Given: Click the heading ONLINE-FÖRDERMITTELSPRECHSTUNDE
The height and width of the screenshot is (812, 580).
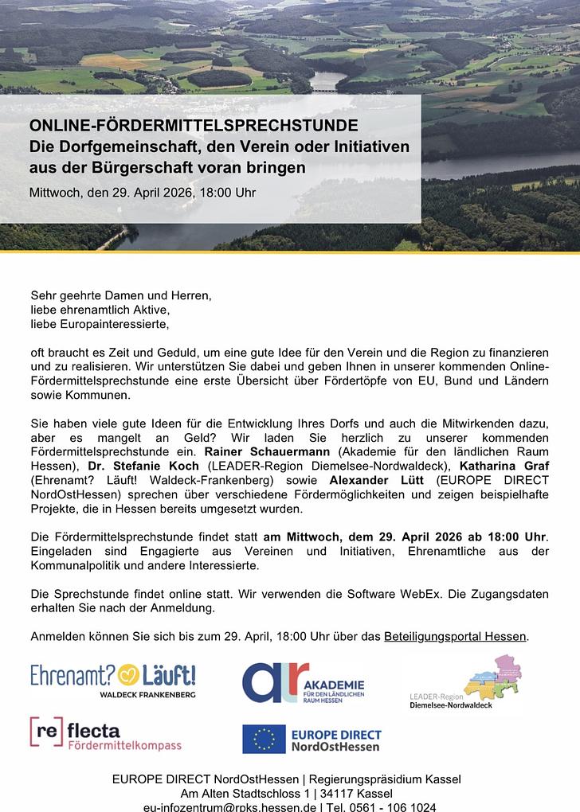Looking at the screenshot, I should pyautogui.click(x=194, y=126).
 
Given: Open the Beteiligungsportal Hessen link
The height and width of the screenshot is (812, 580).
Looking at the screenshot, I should pyautogui.click(x=455, y=636).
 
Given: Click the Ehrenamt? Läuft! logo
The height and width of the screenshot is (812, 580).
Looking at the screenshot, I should pyautogui.click(x=112, y=679).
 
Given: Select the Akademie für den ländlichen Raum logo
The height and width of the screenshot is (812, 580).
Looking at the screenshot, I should pyautogui.click(x=304, y=682).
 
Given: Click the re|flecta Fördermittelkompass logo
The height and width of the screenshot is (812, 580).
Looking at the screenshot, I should pyautogui.click(x=105, y=734).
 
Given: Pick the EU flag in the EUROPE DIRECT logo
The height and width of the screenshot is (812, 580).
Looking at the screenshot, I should pyautogui.click(x=264, y=739).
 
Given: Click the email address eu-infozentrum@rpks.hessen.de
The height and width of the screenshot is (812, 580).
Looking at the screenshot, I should pyautogui.click(x=230, y=806).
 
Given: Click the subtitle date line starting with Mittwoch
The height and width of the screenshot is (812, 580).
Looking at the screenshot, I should pyautogui.click(x=143, y=193).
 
